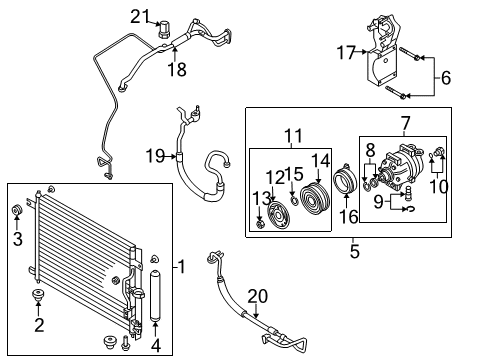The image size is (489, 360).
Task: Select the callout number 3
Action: [17, 238]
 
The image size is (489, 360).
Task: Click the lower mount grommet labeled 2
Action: [40, 297]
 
